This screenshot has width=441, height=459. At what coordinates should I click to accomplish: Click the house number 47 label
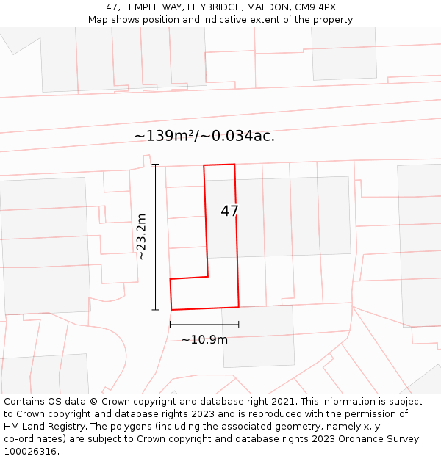(x=229, y=212)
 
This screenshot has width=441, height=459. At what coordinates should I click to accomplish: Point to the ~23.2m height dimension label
(x=142, y=236)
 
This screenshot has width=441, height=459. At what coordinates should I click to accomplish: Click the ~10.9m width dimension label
(x=204, y=339)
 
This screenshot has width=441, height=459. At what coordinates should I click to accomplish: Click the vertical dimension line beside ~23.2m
(x=156, y=236)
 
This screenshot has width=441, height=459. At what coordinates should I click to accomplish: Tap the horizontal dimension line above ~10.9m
(x=204, y=324)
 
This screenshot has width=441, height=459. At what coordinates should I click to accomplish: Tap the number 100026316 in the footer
(x=29, y=452)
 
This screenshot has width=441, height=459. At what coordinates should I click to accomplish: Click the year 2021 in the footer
(x=284, y=402)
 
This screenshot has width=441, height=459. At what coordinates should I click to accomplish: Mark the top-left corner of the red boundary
(x=204, y=165)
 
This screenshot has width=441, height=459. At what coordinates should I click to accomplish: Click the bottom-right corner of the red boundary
(x=239, y=307)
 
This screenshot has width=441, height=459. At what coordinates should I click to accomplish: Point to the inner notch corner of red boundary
(x=207, y=277)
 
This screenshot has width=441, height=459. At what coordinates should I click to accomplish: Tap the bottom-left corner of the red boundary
(x=171, y=310)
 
